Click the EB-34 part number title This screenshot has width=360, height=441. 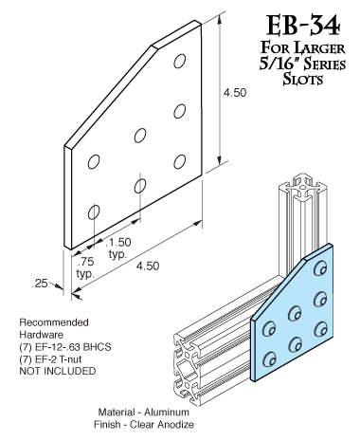(303, 26)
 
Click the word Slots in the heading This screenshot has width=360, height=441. (303, 79)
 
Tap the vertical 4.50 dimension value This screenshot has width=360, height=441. (235, 93)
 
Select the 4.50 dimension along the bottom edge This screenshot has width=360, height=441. (148, 266)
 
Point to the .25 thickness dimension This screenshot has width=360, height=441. (40, 284)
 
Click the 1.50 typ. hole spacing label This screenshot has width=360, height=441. (118, 248)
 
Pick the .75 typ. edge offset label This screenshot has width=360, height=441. (85, 267)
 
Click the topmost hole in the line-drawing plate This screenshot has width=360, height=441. (179, 61)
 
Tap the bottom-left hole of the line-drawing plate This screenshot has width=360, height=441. (94, 211)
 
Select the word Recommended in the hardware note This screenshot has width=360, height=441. (54, 322)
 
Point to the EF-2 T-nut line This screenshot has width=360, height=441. (50, 359)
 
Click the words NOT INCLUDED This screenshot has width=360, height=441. (58, 371)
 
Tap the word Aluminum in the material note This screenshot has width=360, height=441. (167, 413)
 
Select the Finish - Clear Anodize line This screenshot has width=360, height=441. (144, 424)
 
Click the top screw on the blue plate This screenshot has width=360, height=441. (320, 269)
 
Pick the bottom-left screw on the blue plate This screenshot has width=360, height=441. (269, 358)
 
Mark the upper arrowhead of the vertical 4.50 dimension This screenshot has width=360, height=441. (220, 20)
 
